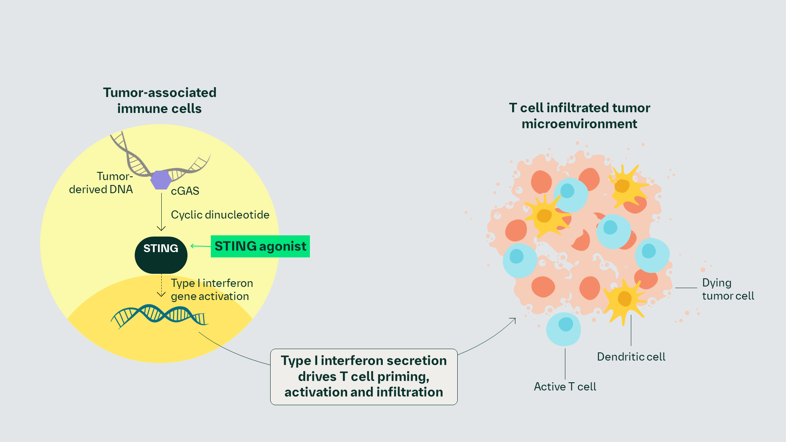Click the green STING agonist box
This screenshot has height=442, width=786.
(x=260, y=246)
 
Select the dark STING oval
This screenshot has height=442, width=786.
(x=161, y=255)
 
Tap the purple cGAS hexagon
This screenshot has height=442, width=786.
(x=161, y=180)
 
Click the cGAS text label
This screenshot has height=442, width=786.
(x=185, y=191)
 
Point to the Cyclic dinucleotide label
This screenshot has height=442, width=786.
(x=220, y=215)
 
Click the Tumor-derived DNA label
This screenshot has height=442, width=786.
(x=101, y=183)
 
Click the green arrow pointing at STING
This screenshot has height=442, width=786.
(x=201, y=246)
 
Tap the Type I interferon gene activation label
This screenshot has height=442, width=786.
(x=212, y=290)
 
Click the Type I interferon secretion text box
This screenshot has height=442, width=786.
(x=364, y=377)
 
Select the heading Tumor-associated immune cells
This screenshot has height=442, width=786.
(x=160, y=101)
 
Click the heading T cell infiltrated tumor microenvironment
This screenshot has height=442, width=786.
(x=579, y=116)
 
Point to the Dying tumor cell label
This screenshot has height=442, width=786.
(x=727, y=289)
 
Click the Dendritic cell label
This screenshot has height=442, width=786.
(x=631, y=357)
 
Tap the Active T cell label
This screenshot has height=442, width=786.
(x=565, y=387)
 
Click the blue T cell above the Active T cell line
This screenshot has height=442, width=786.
(x=564, y=329)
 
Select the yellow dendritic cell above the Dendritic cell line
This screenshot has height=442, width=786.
(x=624, y=300)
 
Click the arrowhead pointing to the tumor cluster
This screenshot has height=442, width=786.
(x=514, y=320)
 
